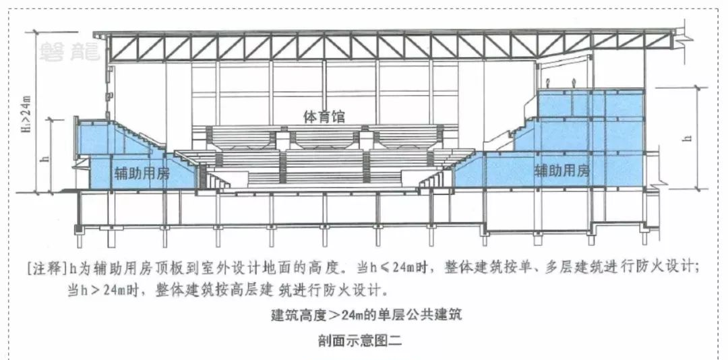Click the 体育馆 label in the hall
click(324, 116)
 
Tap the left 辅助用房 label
click(142, 174)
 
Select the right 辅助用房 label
click(562, 171)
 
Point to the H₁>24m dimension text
click(26, 113)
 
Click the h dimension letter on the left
click(45, 158)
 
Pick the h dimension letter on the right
click(688, 138)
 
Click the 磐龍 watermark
click(69, 52)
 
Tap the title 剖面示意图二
click(360, 341)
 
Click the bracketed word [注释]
click(46, 268)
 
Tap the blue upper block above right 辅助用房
click(590, 103)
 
